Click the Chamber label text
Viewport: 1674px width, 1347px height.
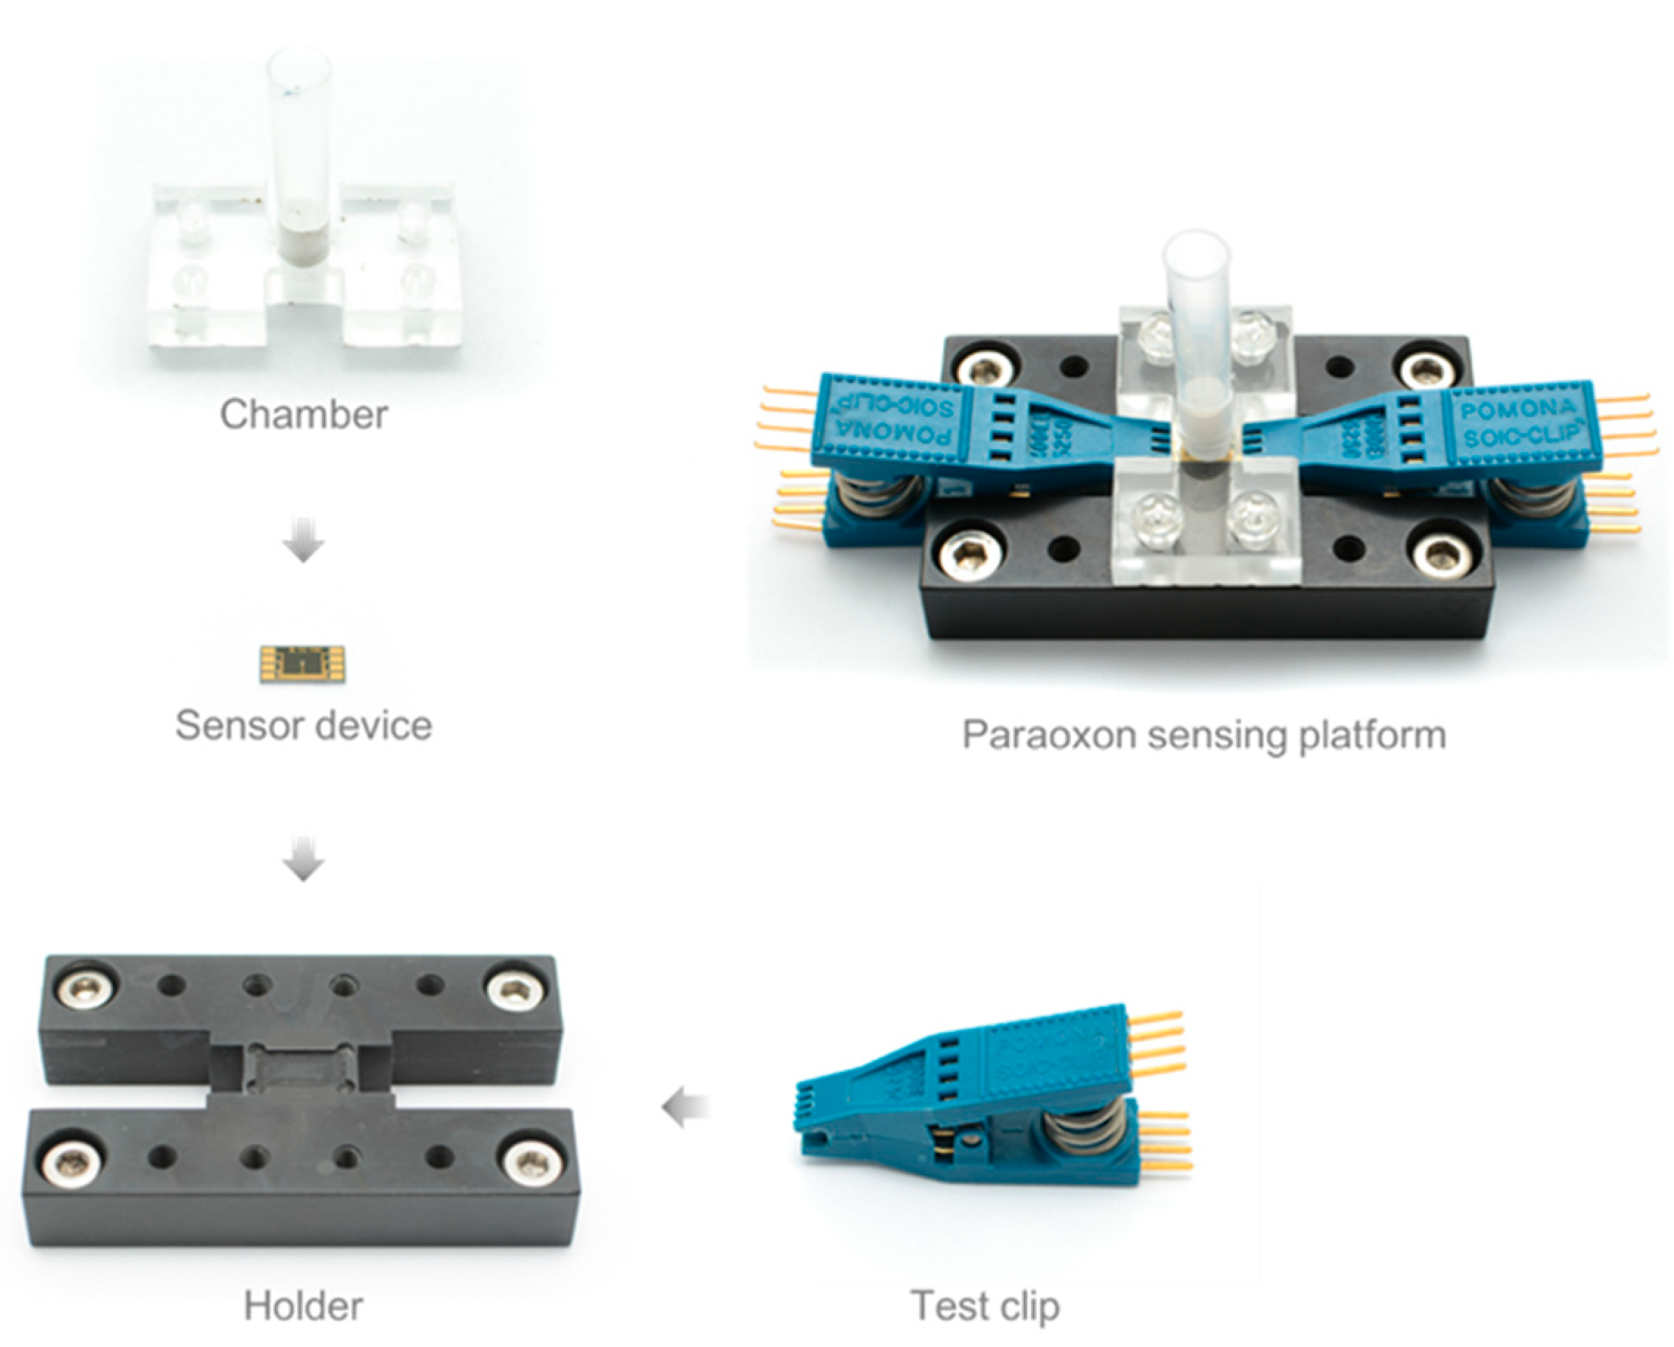(x=304, y=414)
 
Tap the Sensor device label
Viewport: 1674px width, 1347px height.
(x=304, y=726)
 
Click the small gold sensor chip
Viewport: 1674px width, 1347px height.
(x=303, y=664)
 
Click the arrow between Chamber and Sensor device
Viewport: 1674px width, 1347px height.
(x=304, y=544)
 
